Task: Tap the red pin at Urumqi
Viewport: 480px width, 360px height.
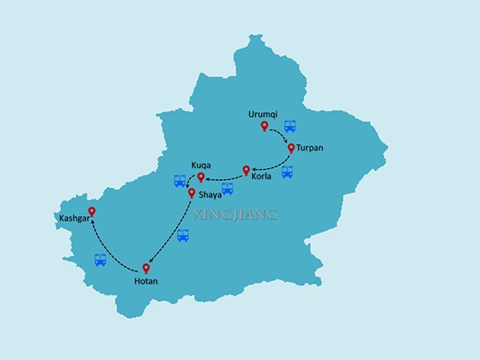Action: pos(264,126)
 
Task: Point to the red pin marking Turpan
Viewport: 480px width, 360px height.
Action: pos(291,148)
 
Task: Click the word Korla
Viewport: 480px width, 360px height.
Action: pos(262,176)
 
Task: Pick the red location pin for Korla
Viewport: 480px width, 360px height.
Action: pos(246,170)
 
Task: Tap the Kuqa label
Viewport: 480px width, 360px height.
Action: pos(200,165)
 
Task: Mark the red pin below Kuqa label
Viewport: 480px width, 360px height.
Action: pos(201,177)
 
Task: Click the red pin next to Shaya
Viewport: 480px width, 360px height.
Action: pos(191,193)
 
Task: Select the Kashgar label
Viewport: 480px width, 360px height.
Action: pos(73,217)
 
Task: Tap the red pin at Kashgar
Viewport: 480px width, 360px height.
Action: pos(92,212)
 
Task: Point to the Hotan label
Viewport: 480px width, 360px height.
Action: pos(146,282)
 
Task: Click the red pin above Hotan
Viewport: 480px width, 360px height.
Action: pos(146,268)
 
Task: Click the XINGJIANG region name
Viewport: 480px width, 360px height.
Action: pos(242,214)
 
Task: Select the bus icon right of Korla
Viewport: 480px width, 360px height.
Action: pos(287,171)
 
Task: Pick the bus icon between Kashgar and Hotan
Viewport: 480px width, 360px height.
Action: pos(100,260)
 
